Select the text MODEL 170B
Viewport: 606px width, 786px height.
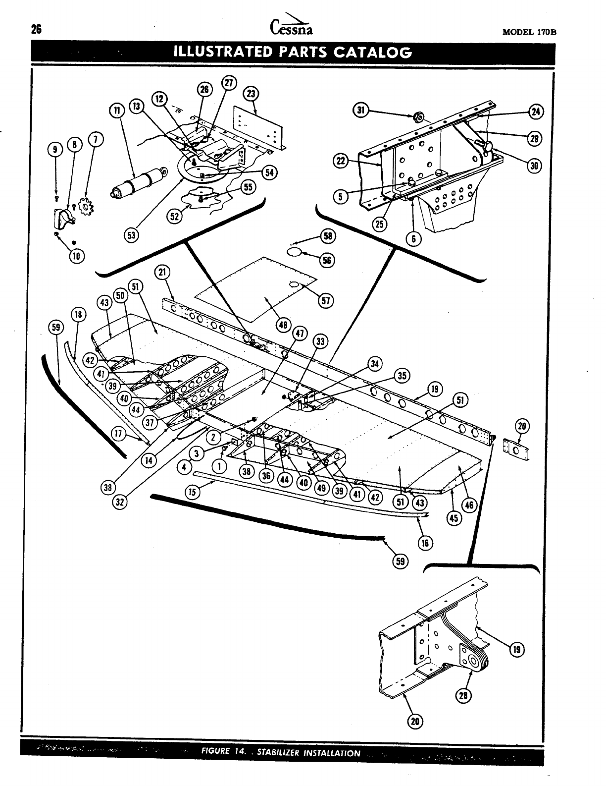(529, 32)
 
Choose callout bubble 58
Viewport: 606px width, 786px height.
(327, 236)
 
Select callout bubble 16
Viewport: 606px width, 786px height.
(424, 542)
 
